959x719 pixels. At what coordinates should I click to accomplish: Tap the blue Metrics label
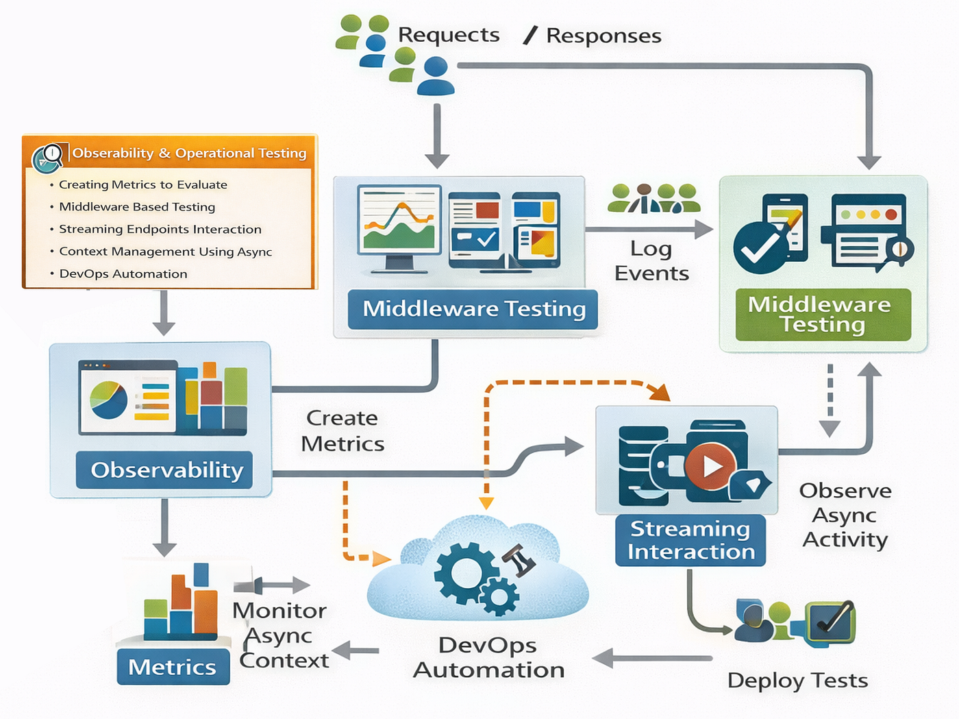coord(173,666)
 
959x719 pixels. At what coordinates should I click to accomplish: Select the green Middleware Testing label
coord(823,315)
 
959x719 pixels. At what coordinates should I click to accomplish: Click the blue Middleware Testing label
coord(473,309)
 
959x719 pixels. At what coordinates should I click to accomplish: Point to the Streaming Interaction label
coord(690,540)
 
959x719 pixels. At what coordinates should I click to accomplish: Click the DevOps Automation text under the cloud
coord(488,657)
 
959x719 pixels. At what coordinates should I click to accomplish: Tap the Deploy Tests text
coord(797,680)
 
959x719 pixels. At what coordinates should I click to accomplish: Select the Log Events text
coord(651,261)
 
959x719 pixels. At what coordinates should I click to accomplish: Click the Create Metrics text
coord(342,431)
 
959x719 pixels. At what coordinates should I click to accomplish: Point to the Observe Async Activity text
coord(845,515)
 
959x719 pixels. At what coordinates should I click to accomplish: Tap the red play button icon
coord(710,466)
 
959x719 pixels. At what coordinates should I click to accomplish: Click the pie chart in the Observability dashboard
coord(108,400)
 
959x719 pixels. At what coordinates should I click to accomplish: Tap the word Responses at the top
coord(603,36)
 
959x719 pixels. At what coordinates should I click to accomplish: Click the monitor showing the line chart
coord(399,228)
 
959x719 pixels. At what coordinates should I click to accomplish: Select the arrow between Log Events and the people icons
coord(649,229)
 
